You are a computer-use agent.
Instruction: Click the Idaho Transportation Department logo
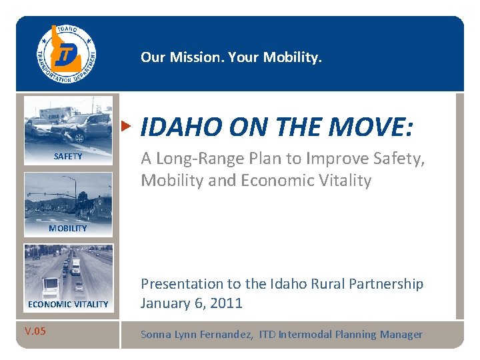tap(66, 53)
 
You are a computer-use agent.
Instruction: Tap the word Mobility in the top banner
tap(291, 57)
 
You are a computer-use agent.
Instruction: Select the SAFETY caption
tap(68, 157)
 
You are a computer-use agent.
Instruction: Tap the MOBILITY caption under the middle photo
tap(68, 228)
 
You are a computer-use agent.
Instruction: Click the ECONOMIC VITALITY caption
tap(68, 304)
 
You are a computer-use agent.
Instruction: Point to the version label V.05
tap(35, 331)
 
